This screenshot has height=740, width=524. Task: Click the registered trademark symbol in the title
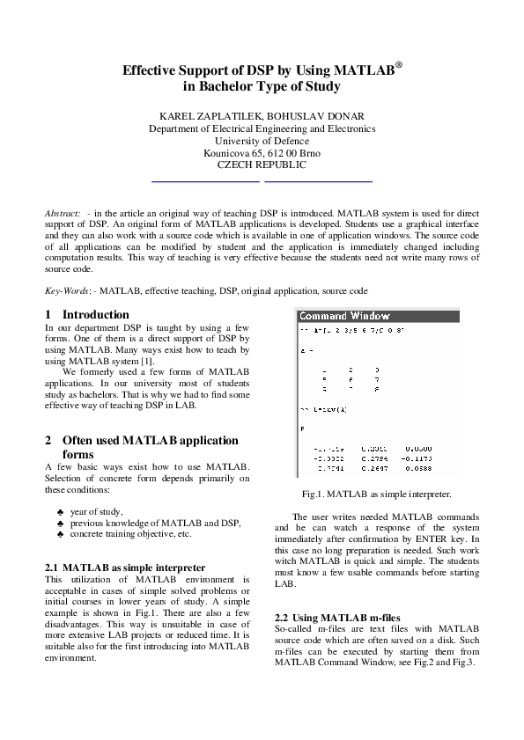tap(399, 64)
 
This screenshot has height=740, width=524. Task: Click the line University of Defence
tap(262, 140)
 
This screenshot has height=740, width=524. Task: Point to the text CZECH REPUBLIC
tap(262, 165)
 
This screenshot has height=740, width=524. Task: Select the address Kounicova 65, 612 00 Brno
tap(262, 152)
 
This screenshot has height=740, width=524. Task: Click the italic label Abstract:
tap(63, 213)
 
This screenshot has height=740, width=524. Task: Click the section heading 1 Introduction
tap(86, 314)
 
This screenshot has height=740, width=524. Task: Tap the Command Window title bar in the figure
tap(344, 315)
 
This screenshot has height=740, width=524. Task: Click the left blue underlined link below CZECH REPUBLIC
tap(205, 180)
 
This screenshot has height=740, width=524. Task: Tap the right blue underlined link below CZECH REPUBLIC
tap(318, 180)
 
